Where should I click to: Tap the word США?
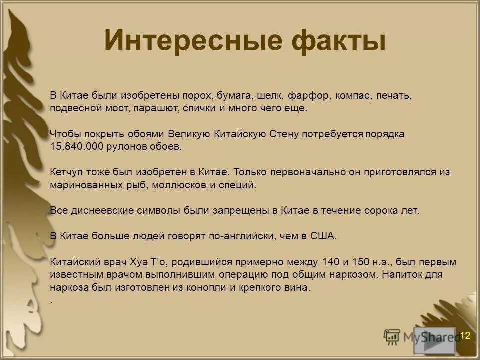[325, 236]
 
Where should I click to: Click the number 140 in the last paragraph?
[336, 262]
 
